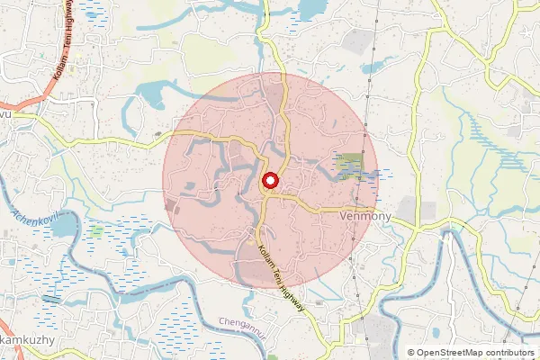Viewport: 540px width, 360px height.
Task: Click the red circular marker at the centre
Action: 270,183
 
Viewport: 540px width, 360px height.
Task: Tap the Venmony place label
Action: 366,217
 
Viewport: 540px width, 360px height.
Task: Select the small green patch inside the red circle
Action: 350,165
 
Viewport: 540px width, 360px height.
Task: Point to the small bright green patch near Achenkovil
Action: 96,231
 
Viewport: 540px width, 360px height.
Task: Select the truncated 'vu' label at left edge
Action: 4,116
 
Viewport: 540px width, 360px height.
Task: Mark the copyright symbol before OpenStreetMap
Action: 411,353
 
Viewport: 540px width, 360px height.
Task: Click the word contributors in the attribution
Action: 508,353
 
